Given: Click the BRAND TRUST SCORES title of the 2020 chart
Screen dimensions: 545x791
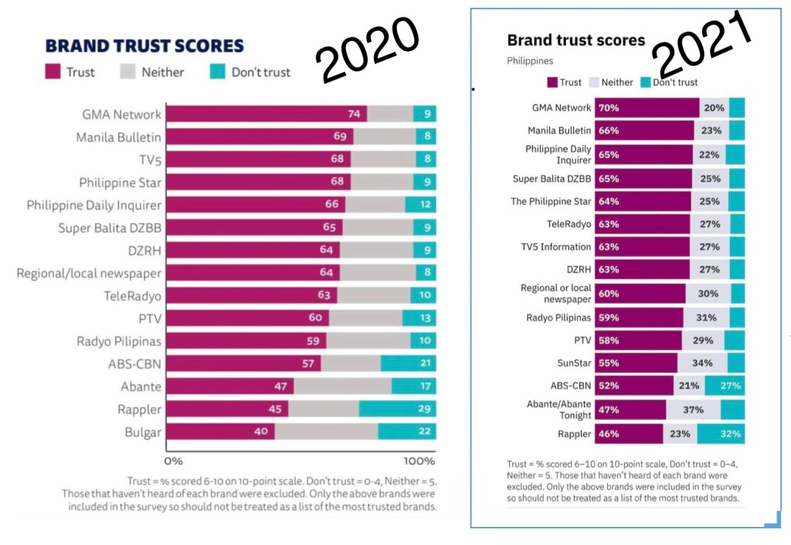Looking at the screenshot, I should pos(144,46).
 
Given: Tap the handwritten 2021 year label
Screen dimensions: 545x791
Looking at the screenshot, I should pos(702,43).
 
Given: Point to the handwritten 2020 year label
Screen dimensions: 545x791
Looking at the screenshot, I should pos(369,49).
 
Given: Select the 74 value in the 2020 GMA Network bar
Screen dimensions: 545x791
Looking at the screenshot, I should pos(355,114).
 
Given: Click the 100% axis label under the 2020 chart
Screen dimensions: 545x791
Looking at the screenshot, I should pos(419,462).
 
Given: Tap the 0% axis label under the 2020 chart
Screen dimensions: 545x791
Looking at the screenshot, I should pos(172,462).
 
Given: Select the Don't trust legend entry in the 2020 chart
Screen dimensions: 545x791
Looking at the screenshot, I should pos(251,72).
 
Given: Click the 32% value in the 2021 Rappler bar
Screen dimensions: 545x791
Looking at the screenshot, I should pos(731,434).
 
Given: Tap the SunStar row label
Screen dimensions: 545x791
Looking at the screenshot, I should pos(572,363).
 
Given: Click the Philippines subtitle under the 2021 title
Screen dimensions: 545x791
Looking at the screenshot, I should pos(530,60).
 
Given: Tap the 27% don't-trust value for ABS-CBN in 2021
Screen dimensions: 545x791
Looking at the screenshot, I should pos(731,386).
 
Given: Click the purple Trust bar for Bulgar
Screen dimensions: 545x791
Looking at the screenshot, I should pos(220,432).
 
